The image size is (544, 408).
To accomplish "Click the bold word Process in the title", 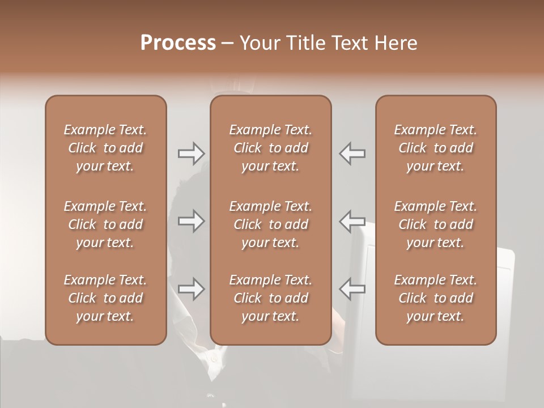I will [178, 43].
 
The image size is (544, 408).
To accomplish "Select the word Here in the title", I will [396, 43].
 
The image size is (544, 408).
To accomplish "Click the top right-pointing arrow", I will [191, 154].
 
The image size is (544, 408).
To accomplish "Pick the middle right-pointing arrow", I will [191, 221].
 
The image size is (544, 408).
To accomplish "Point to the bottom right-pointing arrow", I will [191, 289].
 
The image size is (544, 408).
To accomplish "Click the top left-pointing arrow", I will [352, 154].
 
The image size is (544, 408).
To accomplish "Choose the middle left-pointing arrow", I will [352, 221].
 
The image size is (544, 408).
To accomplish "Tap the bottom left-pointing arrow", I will [352, 289].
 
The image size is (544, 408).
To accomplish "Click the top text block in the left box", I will [105, 148].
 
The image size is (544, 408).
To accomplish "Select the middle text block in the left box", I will [105, 224].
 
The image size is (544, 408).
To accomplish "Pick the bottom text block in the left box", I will [105, 298].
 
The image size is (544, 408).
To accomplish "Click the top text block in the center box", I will [270, 148].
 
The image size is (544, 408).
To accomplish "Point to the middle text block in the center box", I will [270, 224].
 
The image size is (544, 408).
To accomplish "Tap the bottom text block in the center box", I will [270, 298].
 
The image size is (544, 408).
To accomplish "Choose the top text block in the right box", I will [436, 148].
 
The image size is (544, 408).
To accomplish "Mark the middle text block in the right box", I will [436, 224].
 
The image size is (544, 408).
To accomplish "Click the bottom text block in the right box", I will [436, 298].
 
